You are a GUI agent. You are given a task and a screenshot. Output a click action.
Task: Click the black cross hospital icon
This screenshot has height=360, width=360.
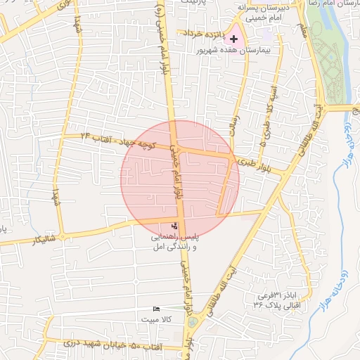coord(234,39)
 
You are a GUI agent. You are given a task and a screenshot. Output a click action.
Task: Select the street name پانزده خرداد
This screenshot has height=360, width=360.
coord(204,33)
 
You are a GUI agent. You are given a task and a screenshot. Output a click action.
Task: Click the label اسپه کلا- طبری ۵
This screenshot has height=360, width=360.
coord(269,109)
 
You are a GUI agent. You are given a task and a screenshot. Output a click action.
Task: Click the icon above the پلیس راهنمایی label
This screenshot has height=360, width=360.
coord(175,226)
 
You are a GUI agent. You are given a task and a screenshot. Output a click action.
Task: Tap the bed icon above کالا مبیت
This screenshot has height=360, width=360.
coord(157,309)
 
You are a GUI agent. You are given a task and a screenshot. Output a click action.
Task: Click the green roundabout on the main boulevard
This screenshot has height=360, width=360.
coord(193,322)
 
